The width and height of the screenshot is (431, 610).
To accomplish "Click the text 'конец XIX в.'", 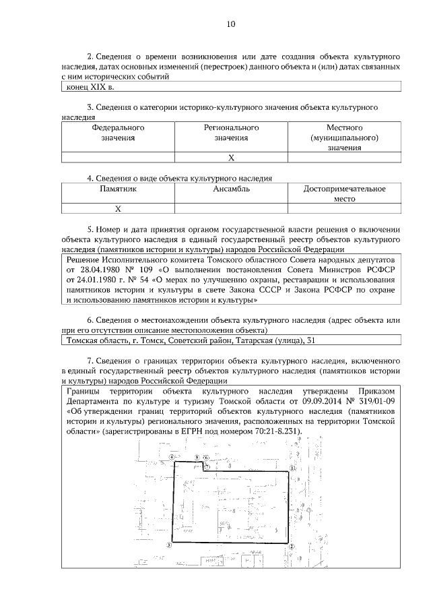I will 90,87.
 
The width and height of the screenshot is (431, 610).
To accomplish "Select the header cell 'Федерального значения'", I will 118,132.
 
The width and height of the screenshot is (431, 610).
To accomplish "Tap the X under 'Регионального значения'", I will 231,158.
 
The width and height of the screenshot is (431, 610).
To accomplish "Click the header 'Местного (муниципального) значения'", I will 345,137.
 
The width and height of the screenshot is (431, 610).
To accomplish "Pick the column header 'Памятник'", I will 118,189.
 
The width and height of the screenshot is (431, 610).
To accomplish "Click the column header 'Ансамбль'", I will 231,189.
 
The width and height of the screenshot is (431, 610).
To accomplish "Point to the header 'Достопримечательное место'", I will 345,195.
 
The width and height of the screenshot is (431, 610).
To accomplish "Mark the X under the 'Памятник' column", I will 118,209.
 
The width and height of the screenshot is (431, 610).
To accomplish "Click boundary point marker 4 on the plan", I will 172,457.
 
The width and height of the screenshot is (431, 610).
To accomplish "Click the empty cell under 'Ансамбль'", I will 231,209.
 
